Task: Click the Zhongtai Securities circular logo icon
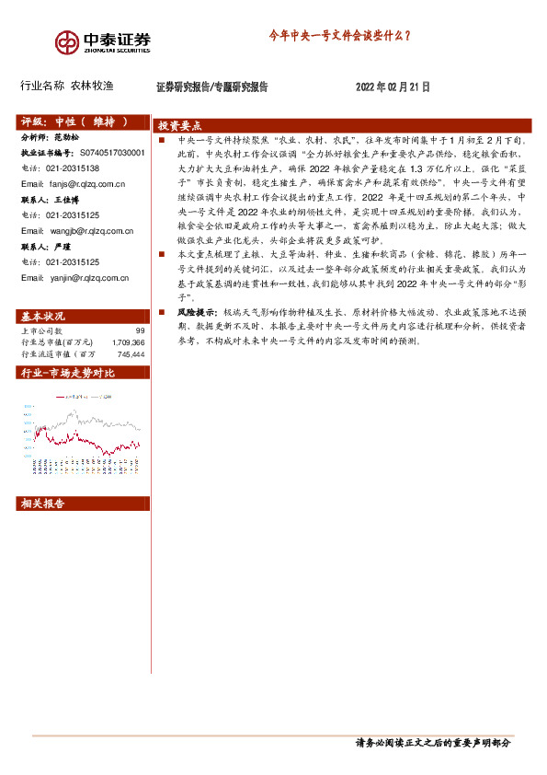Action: [x=65, y=42]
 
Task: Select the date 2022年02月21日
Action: [x=393, y=87]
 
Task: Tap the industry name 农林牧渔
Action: [x=92, y=87]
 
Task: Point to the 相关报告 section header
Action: [x=42, y=503]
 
